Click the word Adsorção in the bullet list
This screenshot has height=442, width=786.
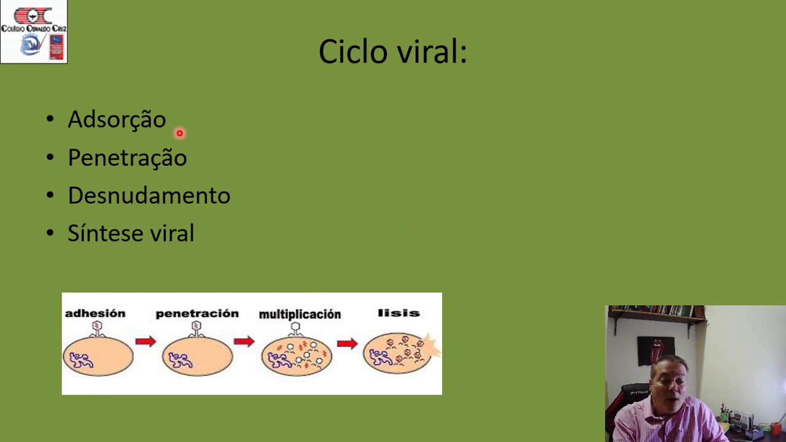click(x=117, y=120)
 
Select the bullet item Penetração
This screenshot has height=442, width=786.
click(x=127, y=158)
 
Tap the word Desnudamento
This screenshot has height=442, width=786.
click(x=149, y=196)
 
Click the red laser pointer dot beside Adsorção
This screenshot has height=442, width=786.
click(x=179, y=133)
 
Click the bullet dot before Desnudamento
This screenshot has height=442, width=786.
click(x=50, y=195)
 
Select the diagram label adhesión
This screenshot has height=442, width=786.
click(x=95, y=314)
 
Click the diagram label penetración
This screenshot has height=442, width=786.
click(x=196, y=314)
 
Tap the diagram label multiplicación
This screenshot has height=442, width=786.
click(x=300, y=314)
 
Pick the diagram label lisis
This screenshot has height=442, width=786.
click(x=399, y=313)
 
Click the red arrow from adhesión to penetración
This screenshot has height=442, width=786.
click(x=146, y=341)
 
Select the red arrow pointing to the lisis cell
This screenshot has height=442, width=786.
click(x=347, y=343)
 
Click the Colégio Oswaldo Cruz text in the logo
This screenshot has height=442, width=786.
click(x=33, y=28)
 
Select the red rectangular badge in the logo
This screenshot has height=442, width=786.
click(x=56, y=47)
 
